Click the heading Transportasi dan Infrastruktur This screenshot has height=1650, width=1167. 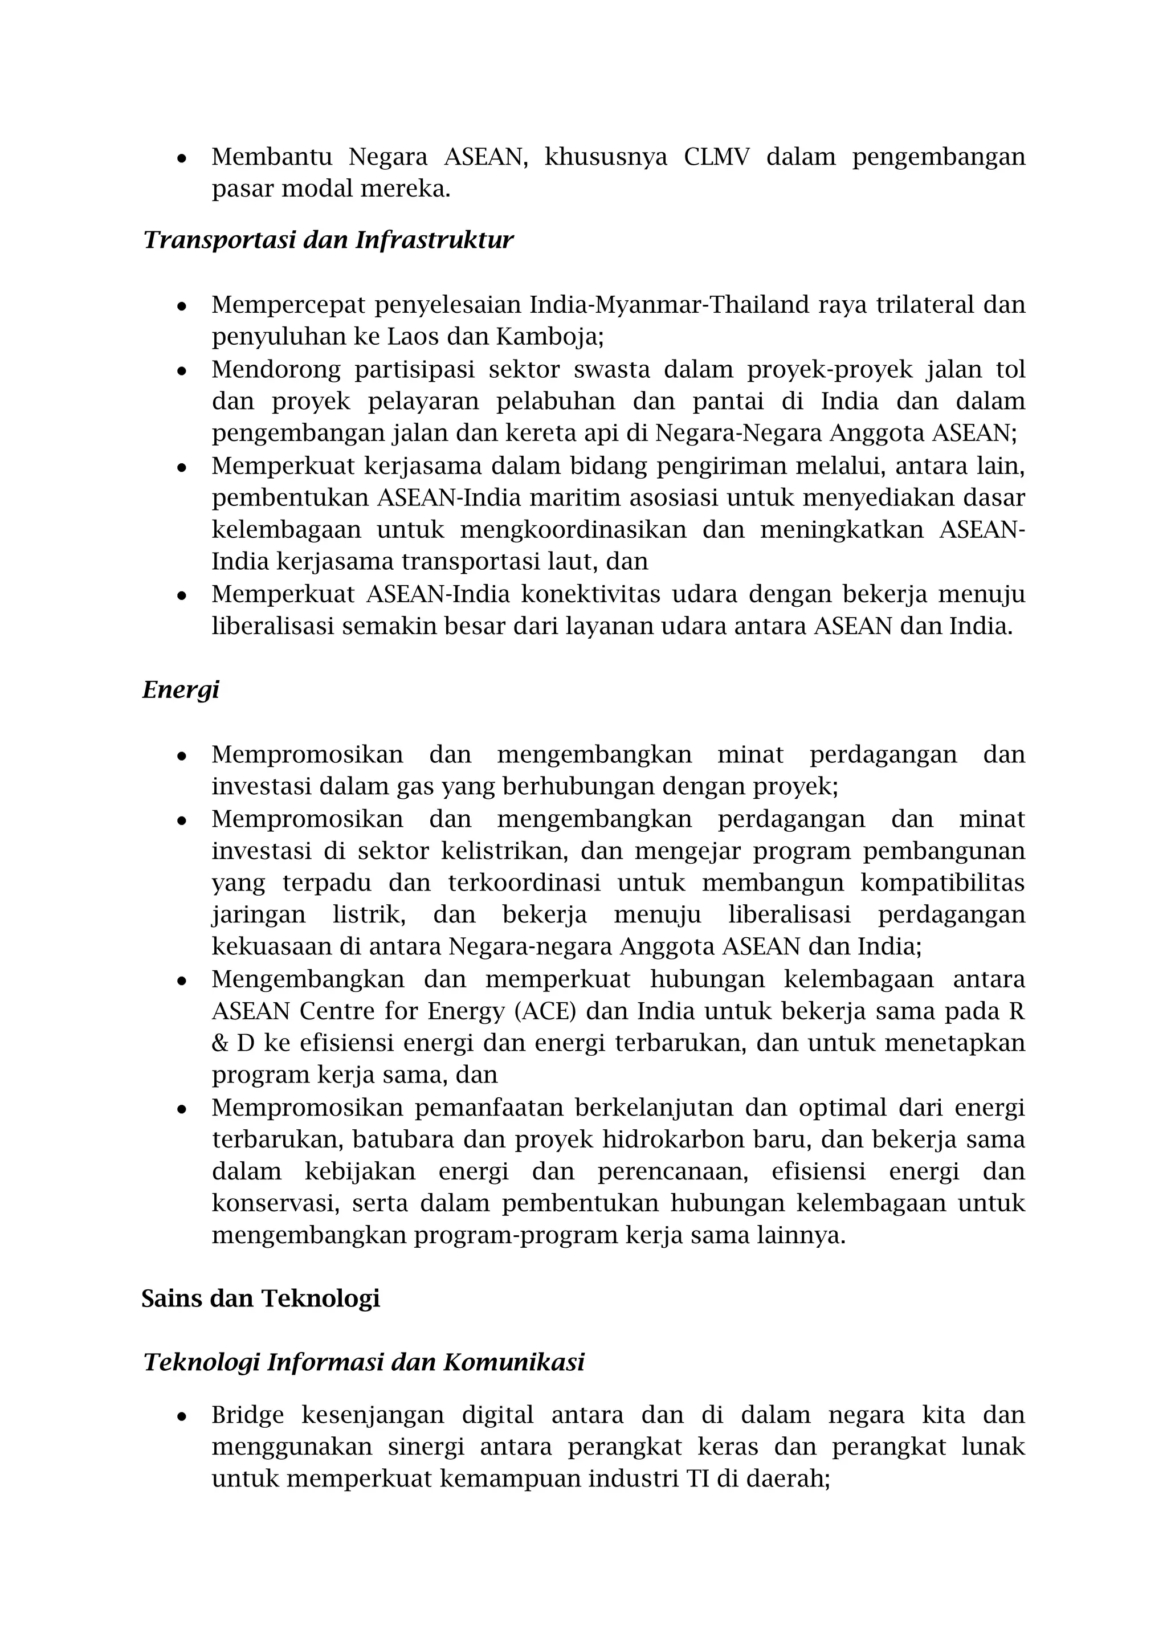tap(328, 240)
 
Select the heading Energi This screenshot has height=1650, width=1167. tap(181, 690)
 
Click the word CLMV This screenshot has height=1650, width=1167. tap(716, 157)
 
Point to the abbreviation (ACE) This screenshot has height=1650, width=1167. tap(546, 1011)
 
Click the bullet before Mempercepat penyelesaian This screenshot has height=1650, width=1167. tap(182, 306)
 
